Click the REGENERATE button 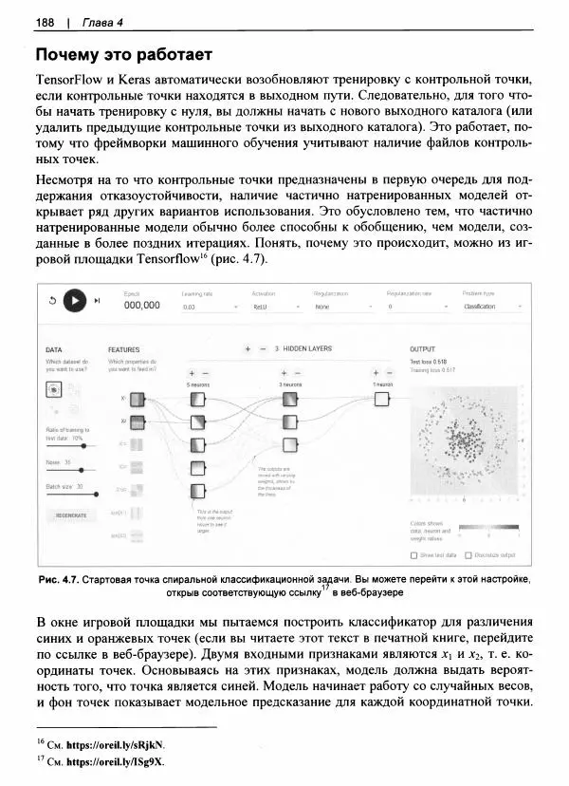click(72, 515)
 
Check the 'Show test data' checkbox click(413, 554)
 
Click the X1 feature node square click(136, 398)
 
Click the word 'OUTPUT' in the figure click(422, 349)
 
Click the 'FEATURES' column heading click(124, 349)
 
